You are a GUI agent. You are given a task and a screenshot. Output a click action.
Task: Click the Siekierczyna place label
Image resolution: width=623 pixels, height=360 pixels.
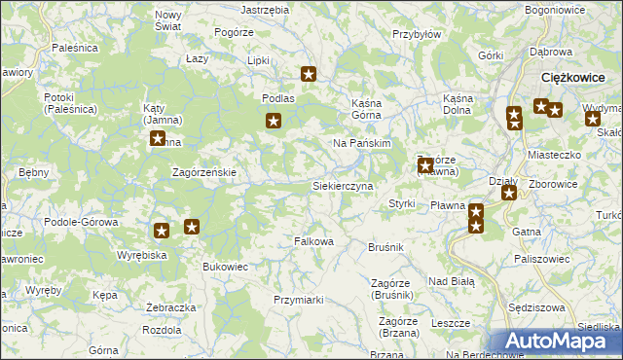[x=342, y=185]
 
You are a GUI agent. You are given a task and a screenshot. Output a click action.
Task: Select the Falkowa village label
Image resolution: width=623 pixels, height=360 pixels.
[x=314, y=241]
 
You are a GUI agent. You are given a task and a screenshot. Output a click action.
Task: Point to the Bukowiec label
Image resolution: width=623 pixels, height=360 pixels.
[x=225, y=266]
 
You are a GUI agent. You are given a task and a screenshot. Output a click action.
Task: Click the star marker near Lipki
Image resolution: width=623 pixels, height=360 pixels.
[x=310, y=73]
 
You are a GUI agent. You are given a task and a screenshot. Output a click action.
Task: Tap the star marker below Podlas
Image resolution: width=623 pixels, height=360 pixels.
[x=275, y=122]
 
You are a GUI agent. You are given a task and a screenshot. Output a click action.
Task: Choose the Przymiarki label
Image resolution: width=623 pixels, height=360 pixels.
[x=298, y=300]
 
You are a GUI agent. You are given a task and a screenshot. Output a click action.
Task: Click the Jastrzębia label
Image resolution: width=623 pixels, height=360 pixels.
[x=265, y=9]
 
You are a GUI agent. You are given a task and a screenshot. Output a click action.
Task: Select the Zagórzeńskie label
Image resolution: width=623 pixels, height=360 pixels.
[x=204, y=172]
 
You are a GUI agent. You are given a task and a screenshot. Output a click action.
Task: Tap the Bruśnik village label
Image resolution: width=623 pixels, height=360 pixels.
[x=385, y=248]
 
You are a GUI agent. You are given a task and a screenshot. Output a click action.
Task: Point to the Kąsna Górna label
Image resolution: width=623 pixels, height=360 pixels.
[x=370, y=104]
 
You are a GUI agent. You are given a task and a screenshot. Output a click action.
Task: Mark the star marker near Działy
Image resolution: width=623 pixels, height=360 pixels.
[x=509, y=193]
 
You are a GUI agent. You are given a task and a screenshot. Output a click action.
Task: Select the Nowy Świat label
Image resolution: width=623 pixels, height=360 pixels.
[x=168, y=20]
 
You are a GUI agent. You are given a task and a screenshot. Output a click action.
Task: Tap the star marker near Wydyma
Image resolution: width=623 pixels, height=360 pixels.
[x=593, y=120]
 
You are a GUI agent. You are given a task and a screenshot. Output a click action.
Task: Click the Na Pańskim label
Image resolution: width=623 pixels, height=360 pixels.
[x=361, y=143]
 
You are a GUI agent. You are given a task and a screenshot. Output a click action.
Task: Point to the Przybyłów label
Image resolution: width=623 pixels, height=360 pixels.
[x=417, y=33]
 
